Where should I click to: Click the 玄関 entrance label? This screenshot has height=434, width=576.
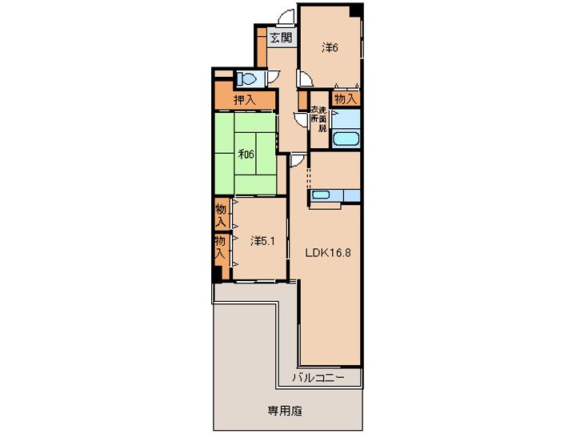[x=282, y=38]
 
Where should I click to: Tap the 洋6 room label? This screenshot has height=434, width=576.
[x=330, y=47]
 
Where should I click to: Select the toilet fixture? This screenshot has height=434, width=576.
[x=247, y=78]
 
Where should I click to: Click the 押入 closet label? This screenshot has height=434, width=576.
[x=245, y=99]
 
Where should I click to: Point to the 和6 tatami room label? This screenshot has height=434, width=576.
[x=246, y=154]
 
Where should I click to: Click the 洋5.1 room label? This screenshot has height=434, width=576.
[x=262, y=241]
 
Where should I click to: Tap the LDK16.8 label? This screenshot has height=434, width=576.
[x=329, y=253]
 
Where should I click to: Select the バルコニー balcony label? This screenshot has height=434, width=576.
[x=318, y=378]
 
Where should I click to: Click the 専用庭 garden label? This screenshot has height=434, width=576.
[x=285, y=411]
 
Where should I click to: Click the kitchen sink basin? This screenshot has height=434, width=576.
[x=320, y=195]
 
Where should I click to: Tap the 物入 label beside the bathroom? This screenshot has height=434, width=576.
[x=346, y=98]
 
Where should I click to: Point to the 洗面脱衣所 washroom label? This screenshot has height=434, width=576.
[x=319, y=119]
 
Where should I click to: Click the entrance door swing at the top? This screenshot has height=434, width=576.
[x=286, y=18]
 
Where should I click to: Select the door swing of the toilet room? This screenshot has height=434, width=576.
[x=273, y=77]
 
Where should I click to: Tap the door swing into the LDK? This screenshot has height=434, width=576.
[x=297, y=161]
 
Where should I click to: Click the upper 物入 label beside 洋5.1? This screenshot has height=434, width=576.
[x=221, y=215]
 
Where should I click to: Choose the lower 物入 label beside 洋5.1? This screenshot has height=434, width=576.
[x=220, y=247]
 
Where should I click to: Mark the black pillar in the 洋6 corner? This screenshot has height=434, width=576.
[x=355, y=10]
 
